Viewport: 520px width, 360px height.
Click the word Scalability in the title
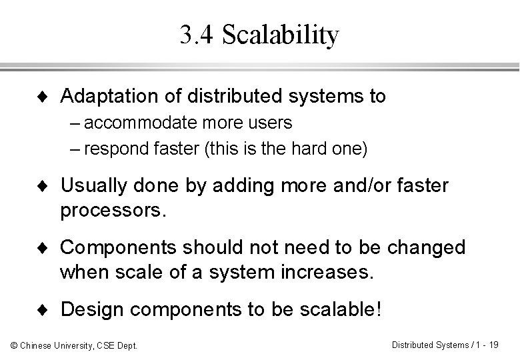click(280, 36)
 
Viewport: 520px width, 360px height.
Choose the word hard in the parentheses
click(315, 147)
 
